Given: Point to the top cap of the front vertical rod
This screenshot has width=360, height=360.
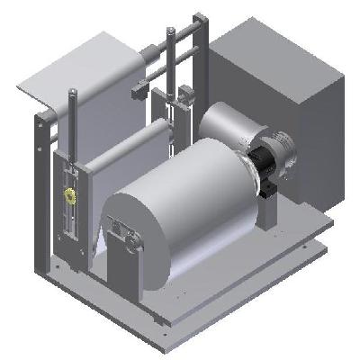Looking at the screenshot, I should [x=70, y=92].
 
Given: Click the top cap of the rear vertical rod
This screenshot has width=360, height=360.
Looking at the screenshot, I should [x=168, y=33].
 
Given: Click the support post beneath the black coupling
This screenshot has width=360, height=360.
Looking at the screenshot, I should [x=270, y=211].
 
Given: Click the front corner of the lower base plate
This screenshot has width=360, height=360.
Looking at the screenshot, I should [x=162, y=322].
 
